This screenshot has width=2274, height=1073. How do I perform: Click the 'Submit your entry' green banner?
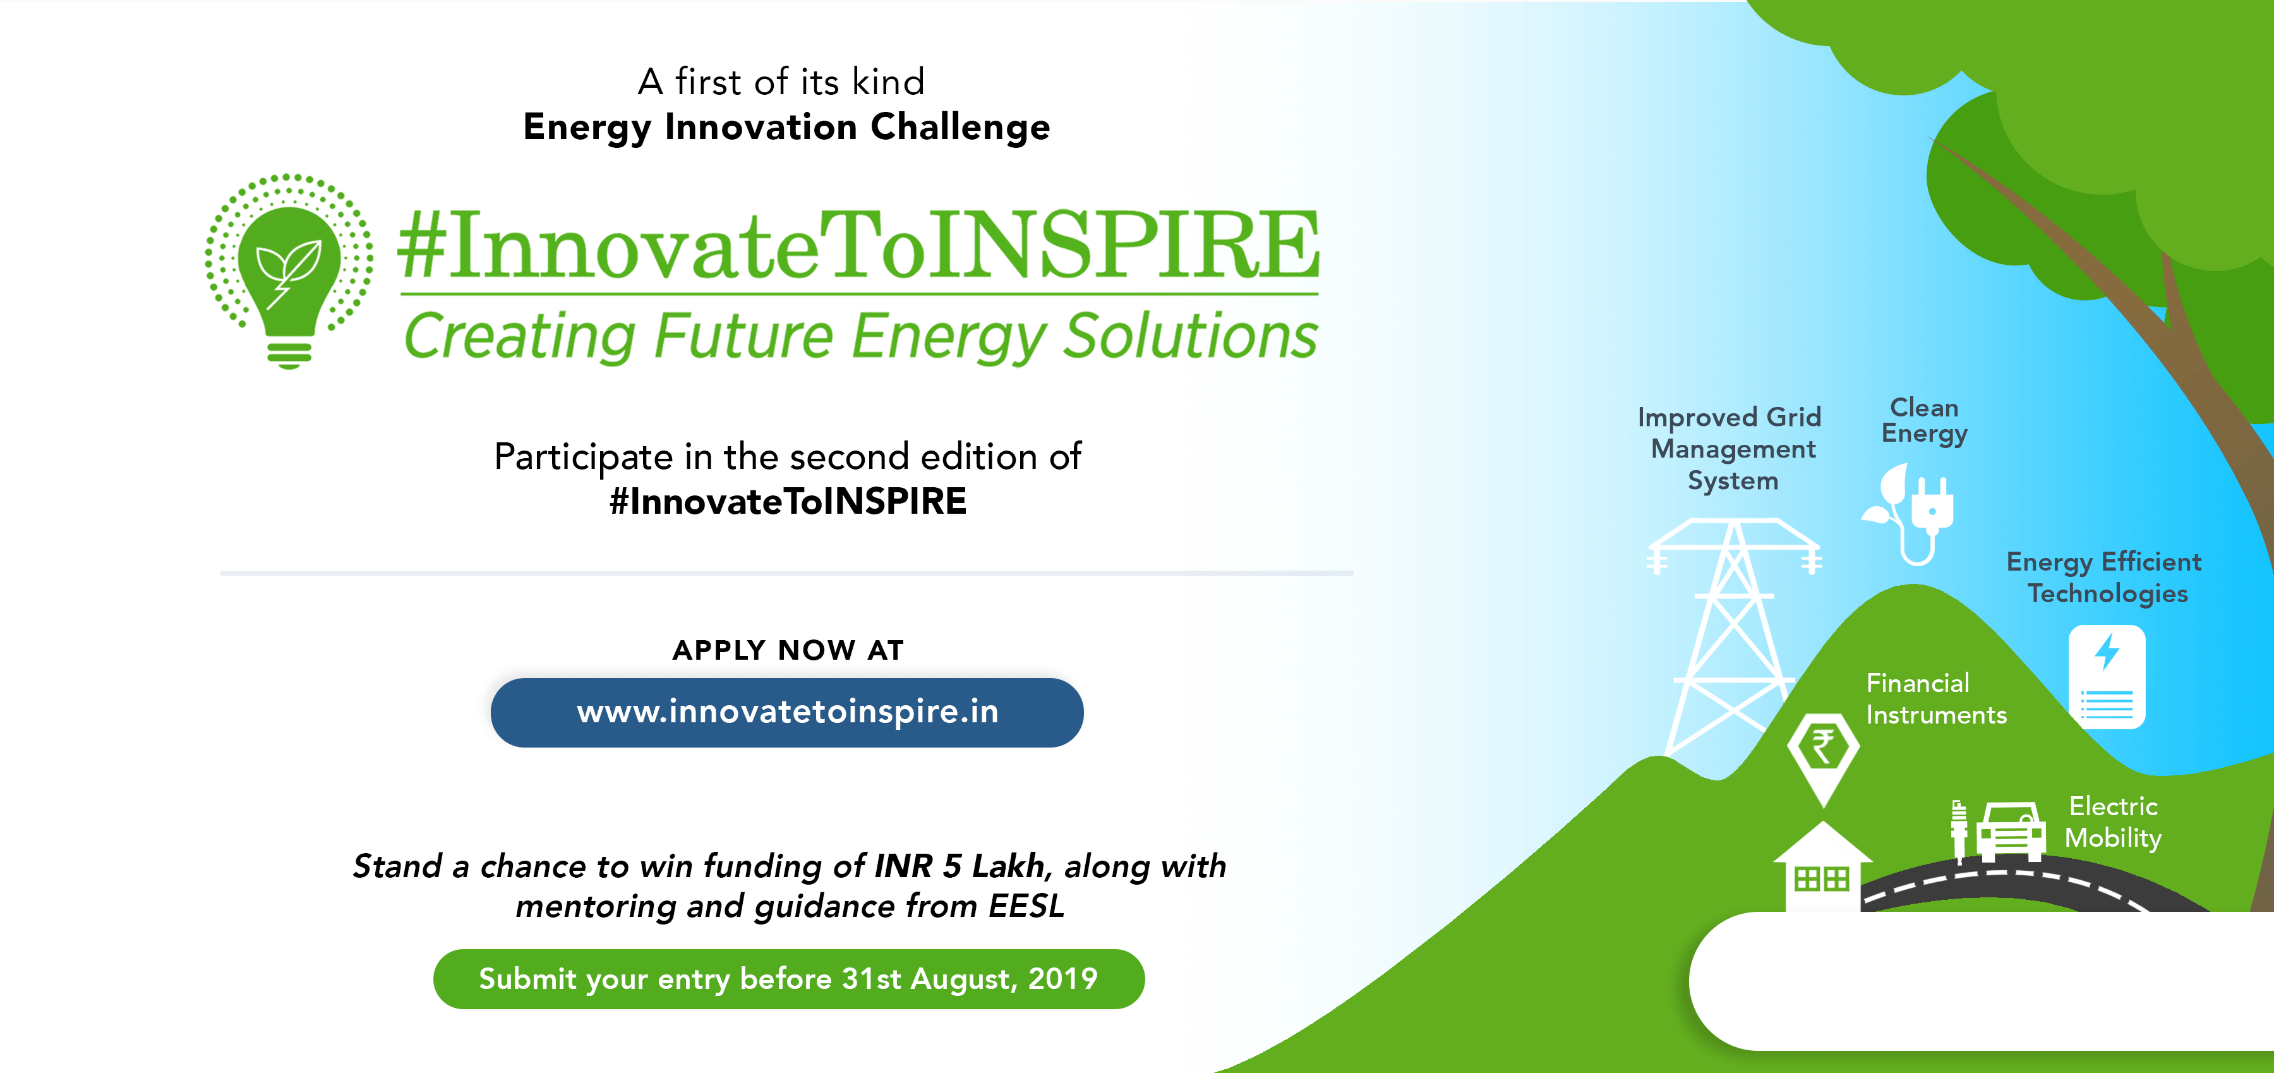789,978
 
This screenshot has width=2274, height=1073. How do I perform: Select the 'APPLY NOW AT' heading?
788,650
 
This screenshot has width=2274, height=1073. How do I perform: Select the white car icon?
2011,830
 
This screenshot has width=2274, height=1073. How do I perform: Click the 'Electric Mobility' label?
2114,821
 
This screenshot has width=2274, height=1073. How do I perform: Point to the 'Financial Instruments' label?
1936,698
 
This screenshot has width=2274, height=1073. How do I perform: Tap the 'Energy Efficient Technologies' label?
2105,577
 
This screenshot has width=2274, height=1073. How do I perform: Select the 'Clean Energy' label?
1925,420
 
